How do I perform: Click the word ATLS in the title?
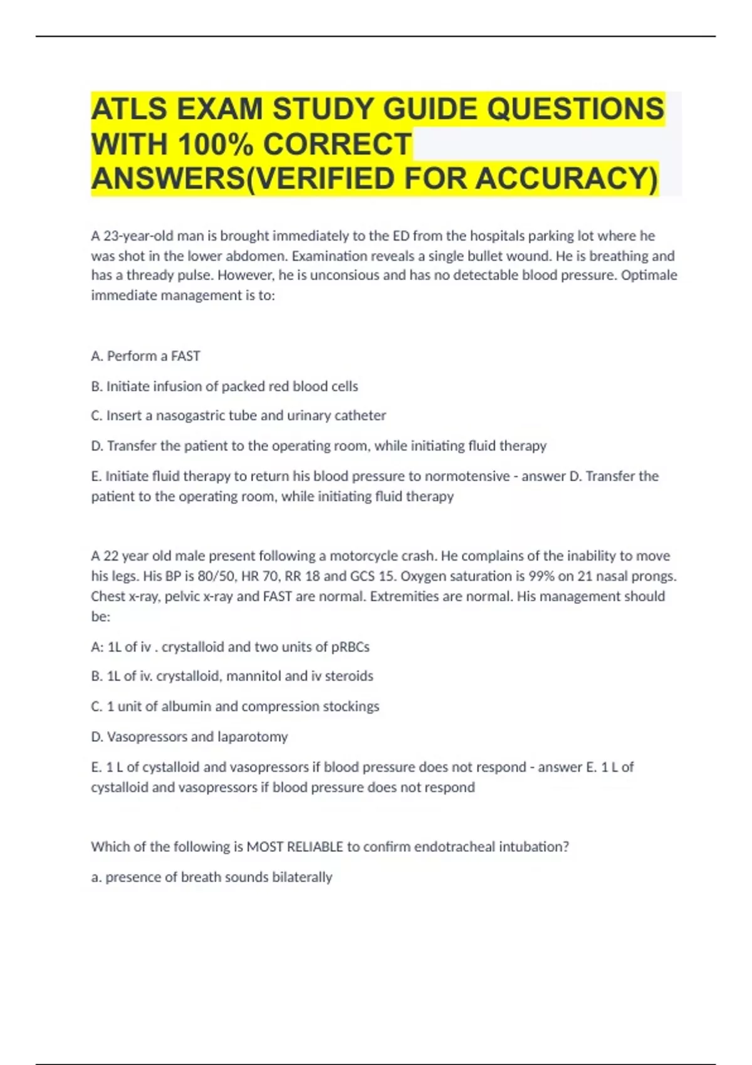[x=130, y=109]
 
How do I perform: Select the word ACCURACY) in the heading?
[x=567, y=179]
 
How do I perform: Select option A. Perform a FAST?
[x=145, y=356]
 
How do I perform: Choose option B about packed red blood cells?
[x=224, y=387]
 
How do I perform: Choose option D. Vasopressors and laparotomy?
[x=189, y=737]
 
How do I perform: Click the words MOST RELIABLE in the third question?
[x=295, y=847]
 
